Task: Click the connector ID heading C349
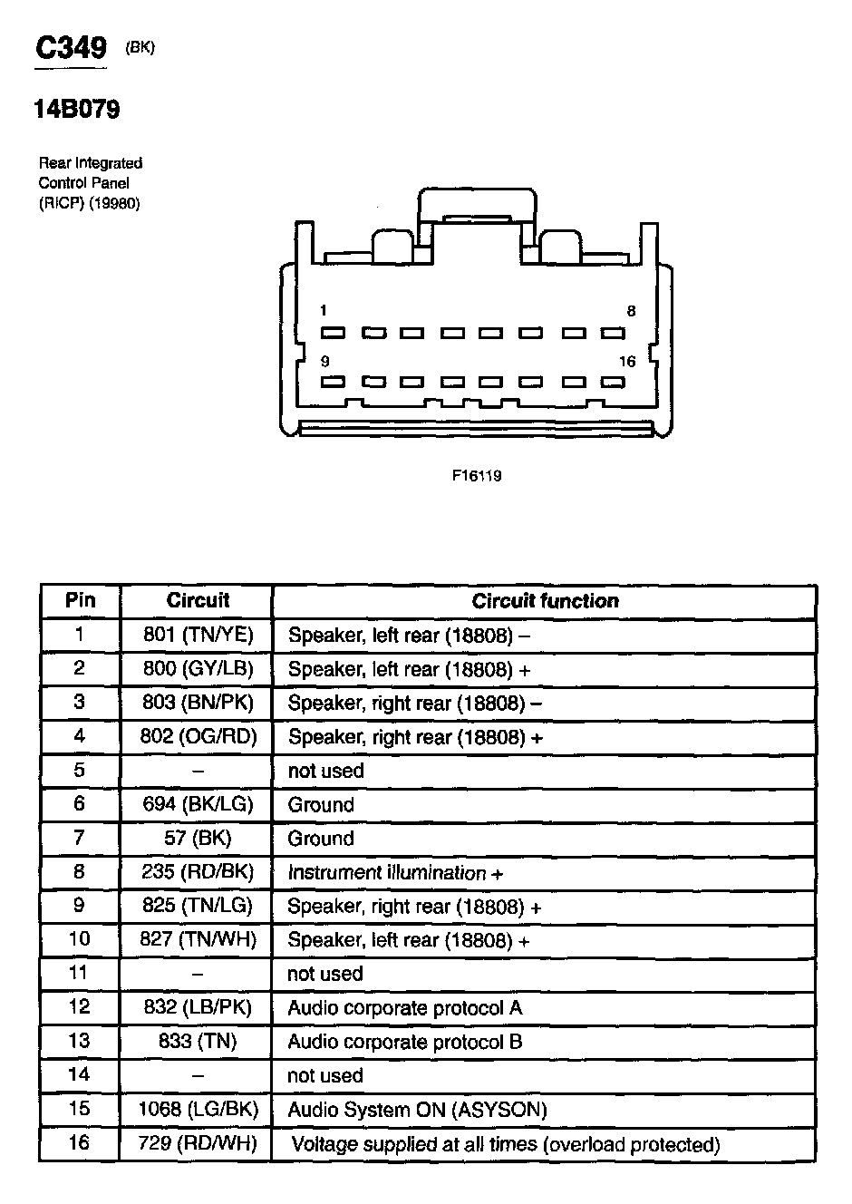tap(71, 49)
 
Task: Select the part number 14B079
tap(77, 110)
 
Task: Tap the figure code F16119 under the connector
tap(477, 475)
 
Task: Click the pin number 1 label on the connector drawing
tap(324, 311)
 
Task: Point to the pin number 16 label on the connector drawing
tap(627, 361)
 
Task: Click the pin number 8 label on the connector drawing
tap(631, 311)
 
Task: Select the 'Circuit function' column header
tap(545, 601)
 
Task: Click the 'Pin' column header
tap(80, 600)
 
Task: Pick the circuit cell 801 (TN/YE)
tap(198, 635)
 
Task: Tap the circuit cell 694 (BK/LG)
tap(198, 804)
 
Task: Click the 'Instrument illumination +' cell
tap(395, 873)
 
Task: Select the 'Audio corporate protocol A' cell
tap(404, 1008)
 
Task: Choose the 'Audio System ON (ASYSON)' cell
tap(417, 1110)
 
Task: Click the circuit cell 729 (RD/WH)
tap(198, 1144)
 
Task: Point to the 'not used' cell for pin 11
tap(325, 975)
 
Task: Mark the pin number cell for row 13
tap(80, 1042)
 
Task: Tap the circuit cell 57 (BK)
tap(198, 839)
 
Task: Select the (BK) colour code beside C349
tap(140, 48)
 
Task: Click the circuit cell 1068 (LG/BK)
tap(198, 1110)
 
